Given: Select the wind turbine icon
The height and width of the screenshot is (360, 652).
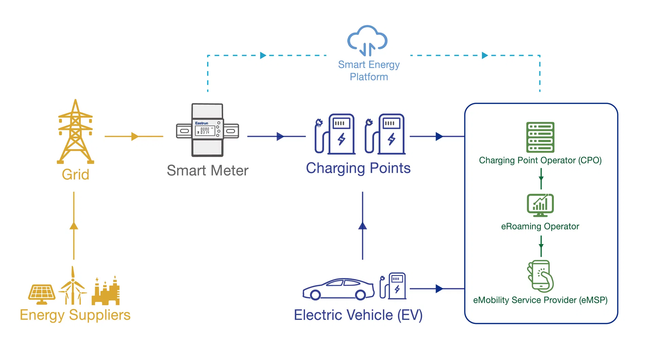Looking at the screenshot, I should (x=73, y=287).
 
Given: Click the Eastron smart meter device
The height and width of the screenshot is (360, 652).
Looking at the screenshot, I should (x=207, y=130).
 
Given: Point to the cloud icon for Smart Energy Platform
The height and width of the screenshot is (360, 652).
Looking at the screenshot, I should (x=367, y=40).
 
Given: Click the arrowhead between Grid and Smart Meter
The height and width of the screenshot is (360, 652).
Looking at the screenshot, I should (x=135, y=136).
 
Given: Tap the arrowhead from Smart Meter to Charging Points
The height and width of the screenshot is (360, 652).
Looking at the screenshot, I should (x=280, y=136).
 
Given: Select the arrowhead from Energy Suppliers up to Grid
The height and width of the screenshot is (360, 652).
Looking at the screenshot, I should (x=74, y=226).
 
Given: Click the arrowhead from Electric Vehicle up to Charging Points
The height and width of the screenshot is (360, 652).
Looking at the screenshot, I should (x=363, y=226).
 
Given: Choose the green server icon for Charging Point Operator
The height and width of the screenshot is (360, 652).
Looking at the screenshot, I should (x=540, y=137).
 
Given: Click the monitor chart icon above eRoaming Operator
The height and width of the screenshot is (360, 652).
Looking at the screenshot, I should (x=540, y=205).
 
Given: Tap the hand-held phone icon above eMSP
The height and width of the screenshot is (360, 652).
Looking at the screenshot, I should (x=540, y=276).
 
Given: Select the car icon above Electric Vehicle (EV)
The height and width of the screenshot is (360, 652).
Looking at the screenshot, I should (x=338, y=289).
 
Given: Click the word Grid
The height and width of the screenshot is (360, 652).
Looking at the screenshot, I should (x=75, y=174).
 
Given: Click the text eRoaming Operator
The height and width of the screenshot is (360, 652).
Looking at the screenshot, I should (x=540, y=226).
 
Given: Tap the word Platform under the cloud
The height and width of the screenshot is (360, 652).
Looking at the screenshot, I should (x=369, y=77).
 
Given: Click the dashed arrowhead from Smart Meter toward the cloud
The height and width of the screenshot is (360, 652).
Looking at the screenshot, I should (x=263, y=55).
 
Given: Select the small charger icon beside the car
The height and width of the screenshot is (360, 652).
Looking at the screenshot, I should (x=393, y=286).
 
